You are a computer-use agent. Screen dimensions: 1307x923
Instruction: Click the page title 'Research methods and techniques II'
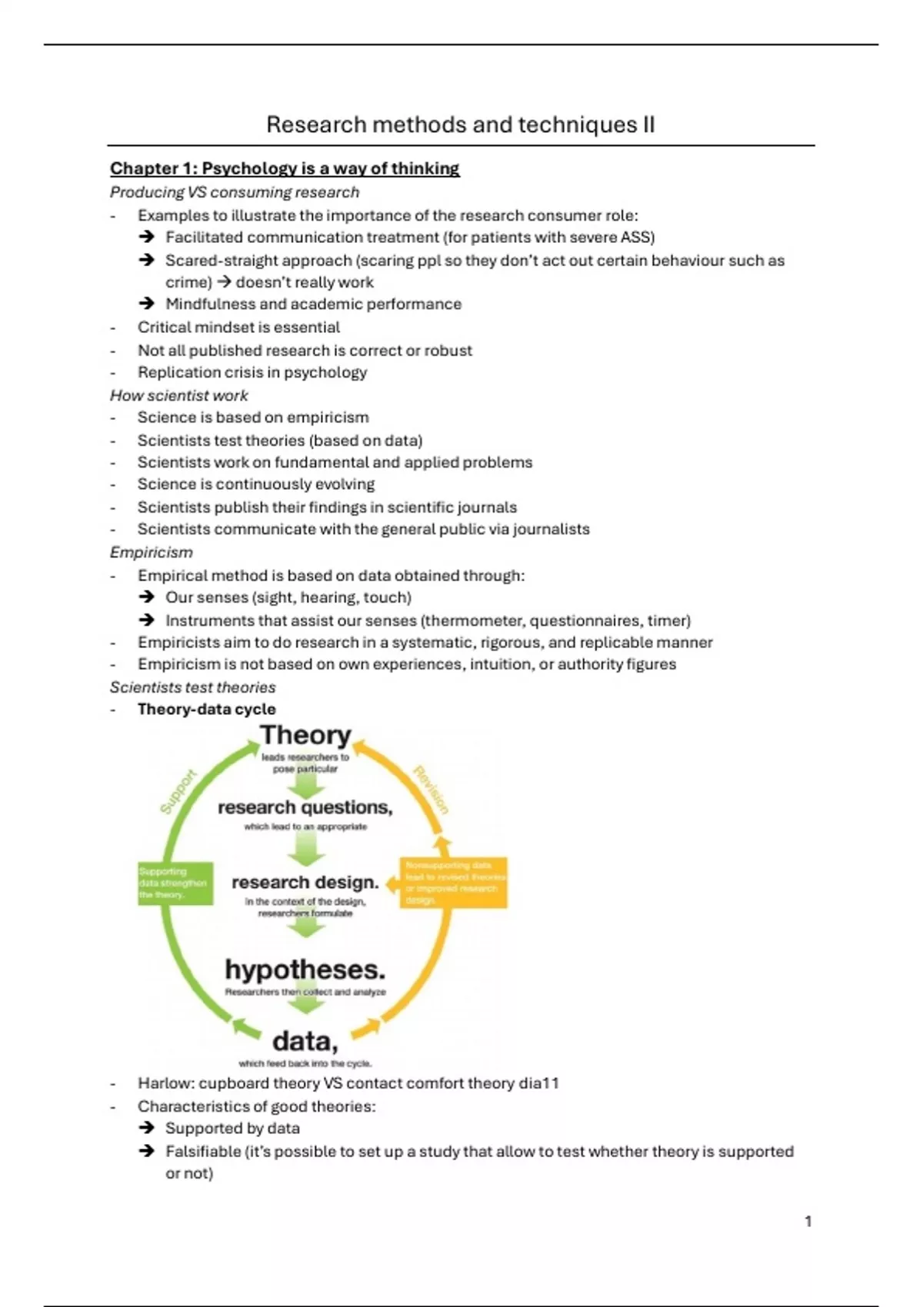(x=460, y=125)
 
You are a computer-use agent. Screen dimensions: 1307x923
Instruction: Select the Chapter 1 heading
(x=284, y=168)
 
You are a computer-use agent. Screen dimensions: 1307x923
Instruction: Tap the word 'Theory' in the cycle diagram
(x=305, y=736)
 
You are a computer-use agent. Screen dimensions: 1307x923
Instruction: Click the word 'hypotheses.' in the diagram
(x=305, y=969)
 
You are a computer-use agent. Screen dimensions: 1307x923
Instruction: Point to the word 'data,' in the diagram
(x=305, y=1041)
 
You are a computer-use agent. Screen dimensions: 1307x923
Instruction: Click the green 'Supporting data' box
(x=175, y=883)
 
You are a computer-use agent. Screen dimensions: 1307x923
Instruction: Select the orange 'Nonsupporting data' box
(x=453, y=883)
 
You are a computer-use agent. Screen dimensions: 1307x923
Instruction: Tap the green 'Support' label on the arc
(x=178, y=791)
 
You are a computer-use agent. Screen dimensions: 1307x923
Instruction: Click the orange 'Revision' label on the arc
(x=431, y=790)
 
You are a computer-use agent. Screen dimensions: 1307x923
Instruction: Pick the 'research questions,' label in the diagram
(x=305, y=807)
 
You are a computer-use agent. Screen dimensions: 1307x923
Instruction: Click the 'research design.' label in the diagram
(x=305, y=882)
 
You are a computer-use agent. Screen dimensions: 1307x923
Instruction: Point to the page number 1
(x=808, y=1221)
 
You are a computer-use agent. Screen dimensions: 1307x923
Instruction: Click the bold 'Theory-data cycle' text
(x=206, y=709)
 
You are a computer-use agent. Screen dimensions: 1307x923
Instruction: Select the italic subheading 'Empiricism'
(x=151, y=552)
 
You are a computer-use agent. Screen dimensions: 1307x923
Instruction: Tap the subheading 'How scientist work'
(x=178, y=395)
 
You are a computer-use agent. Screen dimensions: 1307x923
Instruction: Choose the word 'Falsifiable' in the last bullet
(x=202, y=1151)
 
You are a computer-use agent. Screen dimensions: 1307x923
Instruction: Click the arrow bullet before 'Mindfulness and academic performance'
(x=146, y=304)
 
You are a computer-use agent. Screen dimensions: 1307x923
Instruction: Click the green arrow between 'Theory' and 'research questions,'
(x=305, y=784)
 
